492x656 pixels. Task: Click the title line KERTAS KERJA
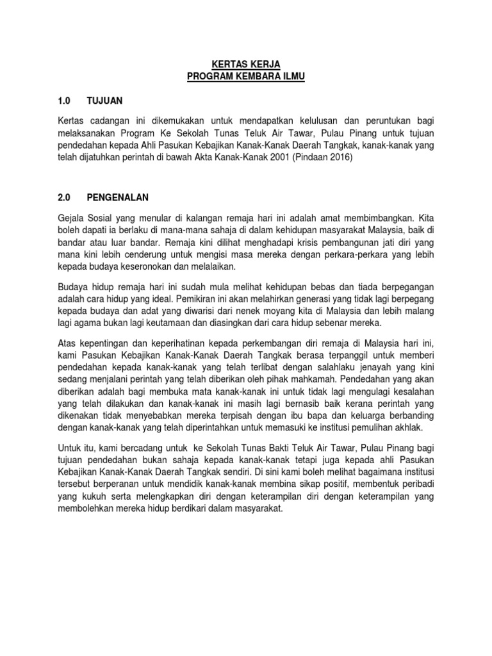(x=246, y=64)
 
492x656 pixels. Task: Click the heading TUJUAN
(x=105, y=101)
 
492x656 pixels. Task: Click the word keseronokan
(x=152, y=267)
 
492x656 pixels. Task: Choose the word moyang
(x=247, y=311)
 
